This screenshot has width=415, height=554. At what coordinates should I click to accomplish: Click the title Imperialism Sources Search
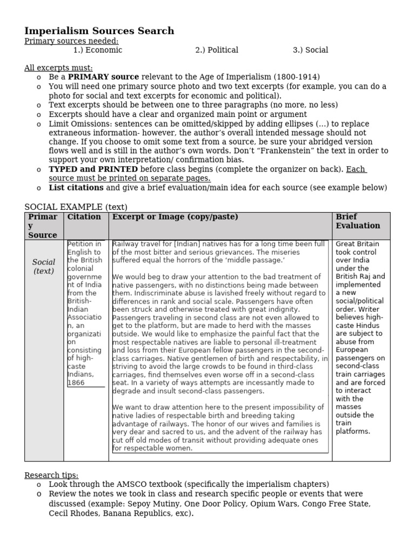pyautogui.click(x=99, y=31)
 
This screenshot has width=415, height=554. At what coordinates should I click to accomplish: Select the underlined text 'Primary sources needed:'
pyautogui.click(x=71, y=41)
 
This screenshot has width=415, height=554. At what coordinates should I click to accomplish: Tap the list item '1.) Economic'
pyautogui.click(x=98, y=50)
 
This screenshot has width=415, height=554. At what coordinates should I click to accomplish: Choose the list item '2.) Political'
pyautogui.click(x=217, y=50)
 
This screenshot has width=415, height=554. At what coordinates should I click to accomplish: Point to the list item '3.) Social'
pyautogui.click(x=310, y=50)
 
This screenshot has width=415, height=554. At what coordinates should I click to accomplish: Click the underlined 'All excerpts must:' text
pyautogui.click(x=58, y=68)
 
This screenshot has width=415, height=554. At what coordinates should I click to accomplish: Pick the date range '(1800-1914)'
pyautogui.click(x=297, y=77)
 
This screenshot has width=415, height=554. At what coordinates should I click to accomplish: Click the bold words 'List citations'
pyautogui.click(x=76, y=188)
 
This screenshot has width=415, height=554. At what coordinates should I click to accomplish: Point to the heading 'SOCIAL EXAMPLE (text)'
pyautogui.click(x=76, y=207)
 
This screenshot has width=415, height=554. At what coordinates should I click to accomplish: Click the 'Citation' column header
pyautogui.click(x=84, y=217)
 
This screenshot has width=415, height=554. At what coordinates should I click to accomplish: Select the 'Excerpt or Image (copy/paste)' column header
pyautogui.click(x=175, y=217)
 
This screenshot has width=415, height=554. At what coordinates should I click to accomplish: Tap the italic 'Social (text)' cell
pyautogui.click(x=44, y=267)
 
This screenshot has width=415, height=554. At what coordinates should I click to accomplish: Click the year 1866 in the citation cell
pyautogui.click(x=76, y=382)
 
